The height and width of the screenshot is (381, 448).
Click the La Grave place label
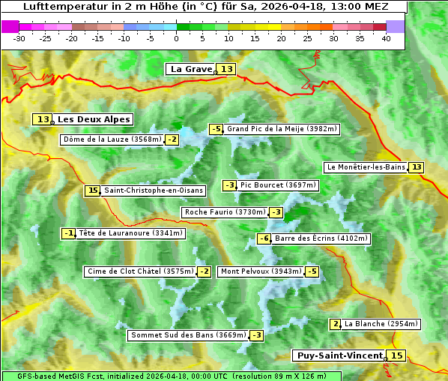tap(192, 69)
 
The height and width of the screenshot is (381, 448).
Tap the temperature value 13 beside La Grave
tap(227, 69)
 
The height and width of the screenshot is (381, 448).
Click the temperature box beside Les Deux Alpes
tap(43, 119)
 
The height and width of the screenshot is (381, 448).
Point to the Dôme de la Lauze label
tap(112, 139)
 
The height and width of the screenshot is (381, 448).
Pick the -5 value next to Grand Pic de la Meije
tap(217, 129)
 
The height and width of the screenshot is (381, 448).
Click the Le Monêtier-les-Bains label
tap(366, 167)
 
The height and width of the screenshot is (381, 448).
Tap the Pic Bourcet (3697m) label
tap(279, 185)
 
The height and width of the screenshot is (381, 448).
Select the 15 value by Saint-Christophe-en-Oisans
tap(92, 190)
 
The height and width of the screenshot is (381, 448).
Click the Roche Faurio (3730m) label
tap(225, 212)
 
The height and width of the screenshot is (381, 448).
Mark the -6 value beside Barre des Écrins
tap(264, 238)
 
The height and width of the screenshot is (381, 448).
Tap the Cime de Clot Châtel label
tap(139, 271)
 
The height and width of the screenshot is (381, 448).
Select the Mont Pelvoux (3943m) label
tap(261, 271)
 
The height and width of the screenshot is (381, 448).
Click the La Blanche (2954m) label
tap(381, 324)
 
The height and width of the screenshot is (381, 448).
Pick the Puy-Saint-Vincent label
tap(339, 355)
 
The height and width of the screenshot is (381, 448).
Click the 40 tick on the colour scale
tap(386, 38)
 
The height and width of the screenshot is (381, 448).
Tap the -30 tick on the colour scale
tap(19, 38)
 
